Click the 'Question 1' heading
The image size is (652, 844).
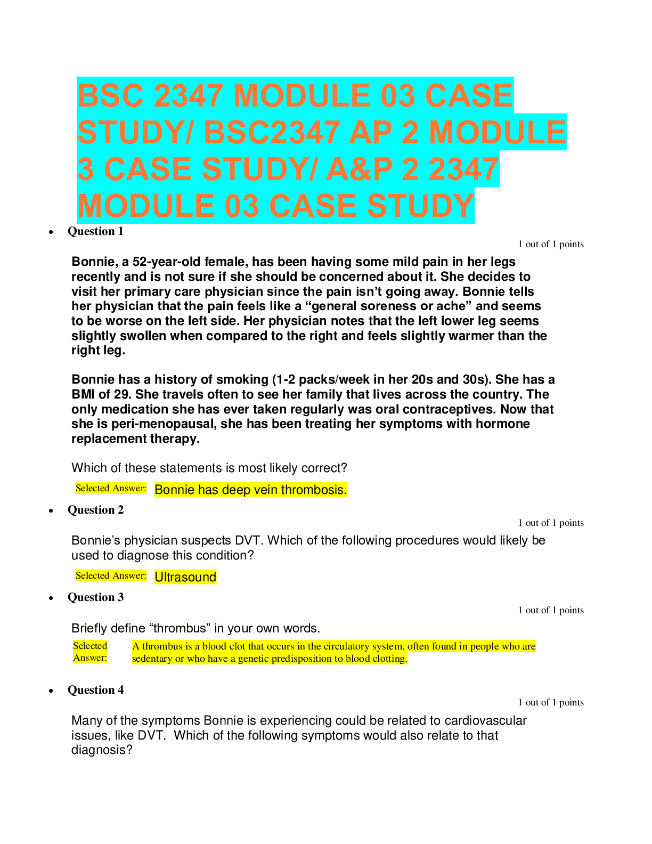point(95,231)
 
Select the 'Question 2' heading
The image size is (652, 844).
point(95,510)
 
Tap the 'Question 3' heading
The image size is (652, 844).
point(95,597)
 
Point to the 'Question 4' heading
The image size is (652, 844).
point(95,690)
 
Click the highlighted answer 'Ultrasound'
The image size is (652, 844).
point(185,577)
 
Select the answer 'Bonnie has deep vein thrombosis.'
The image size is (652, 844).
point(250,490)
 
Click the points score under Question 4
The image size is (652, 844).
point(551,702)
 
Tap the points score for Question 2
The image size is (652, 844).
point(551,523)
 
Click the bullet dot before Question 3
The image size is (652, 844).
point(51,598)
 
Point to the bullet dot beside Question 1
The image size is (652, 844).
point(51,232)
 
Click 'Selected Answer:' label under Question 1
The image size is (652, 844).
point(111,488)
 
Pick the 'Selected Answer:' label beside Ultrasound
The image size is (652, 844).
point(111,575)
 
